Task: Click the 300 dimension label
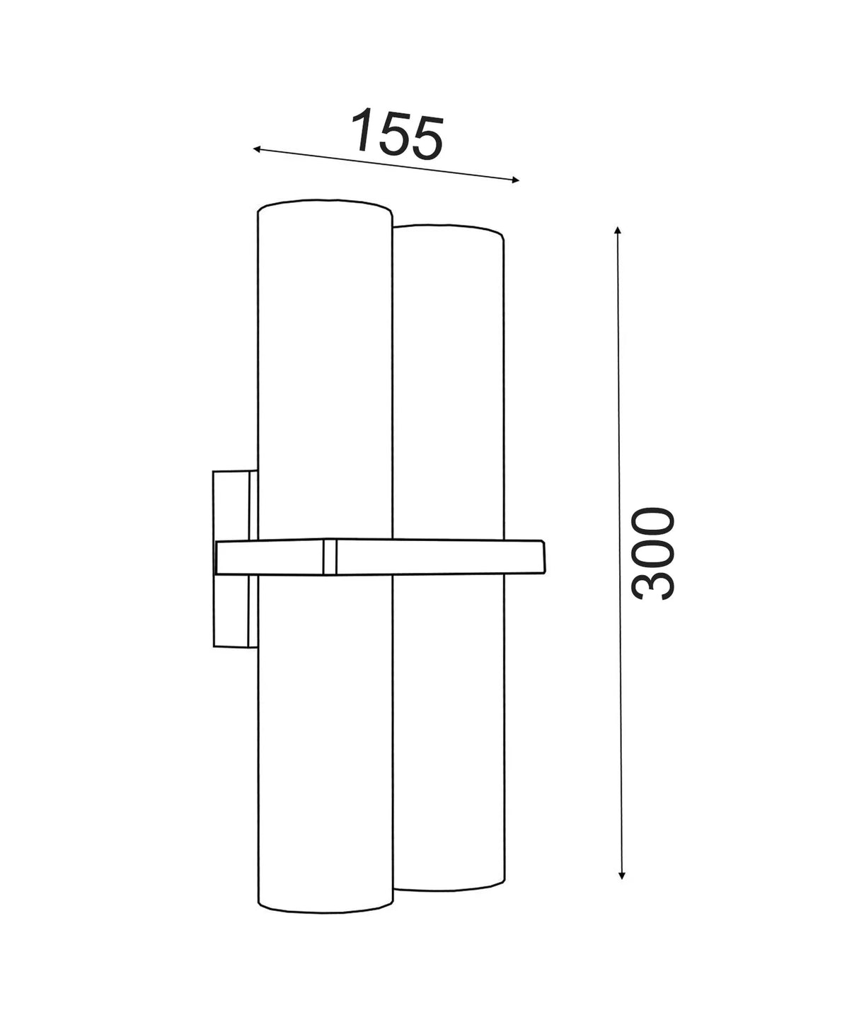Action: click(653, 553)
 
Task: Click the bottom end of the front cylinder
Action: click(324, 905)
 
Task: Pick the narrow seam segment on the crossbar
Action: click(328, 557)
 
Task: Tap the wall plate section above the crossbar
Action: click(231, 505)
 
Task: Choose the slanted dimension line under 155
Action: click(386, 165)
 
